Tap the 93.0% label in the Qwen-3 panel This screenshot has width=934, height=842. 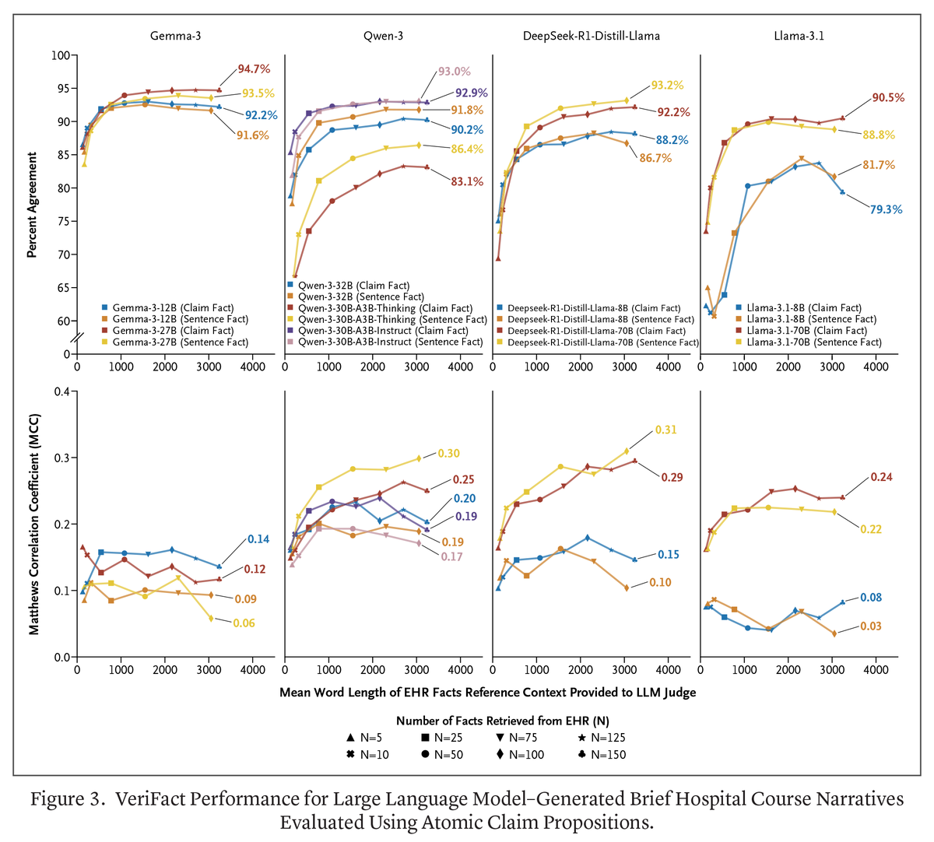[454, 72]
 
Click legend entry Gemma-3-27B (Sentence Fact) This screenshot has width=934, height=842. [180, 342]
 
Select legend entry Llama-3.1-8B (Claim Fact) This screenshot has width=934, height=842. [803, 308]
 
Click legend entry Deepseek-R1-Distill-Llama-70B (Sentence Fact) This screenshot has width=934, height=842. [602, 342]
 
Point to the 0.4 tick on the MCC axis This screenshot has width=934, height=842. [61, 391]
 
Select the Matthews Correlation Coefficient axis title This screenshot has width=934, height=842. [33, 523]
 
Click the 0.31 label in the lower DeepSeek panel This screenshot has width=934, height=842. [665, 430]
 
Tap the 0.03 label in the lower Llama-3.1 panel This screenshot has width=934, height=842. [870, 626]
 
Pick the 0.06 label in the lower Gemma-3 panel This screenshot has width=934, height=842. [244, 623]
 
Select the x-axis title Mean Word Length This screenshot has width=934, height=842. [487, 692]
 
